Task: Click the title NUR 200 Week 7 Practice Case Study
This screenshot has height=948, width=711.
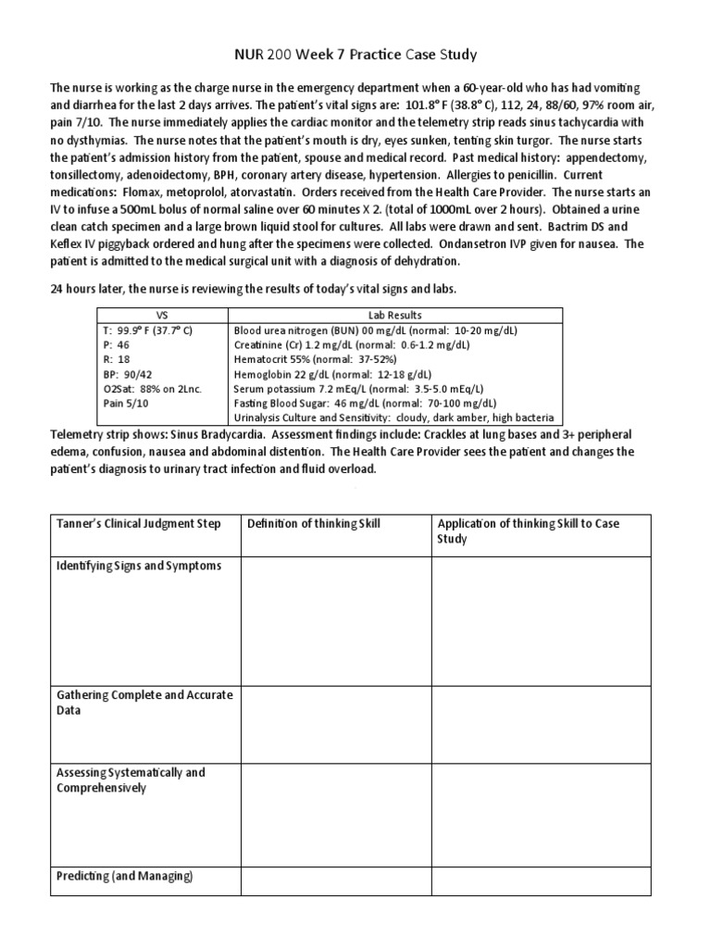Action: (355, 55)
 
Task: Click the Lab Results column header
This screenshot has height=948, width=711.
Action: (395, 315)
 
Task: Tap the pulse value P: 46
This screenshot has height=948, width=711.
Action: (116, 344)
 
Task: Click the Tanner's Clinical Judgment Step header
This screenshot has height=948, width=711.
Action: (139, 524)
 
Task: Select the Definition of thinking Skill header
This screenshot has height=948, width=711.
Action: (313, 524)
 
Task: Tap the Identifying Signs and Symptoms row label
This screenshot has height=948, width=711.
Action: (139, 566)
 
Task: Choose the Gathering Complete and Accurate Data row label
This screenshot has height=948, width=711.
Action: (144, 702)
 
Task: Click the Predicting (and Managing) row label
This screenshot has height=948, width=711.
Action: (124, 875)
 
